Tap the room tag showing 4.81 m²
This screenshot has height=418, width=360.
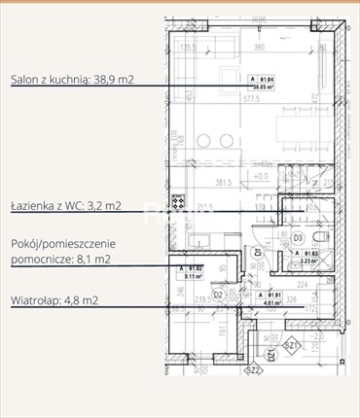click(268, 297)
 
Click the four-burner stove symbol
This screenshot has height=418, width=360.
click(178, 203)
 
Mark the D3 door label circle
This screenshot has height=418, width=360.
click(298, 236)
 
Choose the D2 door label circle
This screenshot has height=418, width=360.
click(219, 294)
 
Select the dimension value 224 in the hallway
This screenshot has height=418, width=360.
click(303, 285)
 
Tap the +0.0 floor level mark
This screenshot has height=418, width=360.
click(261, 178)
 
